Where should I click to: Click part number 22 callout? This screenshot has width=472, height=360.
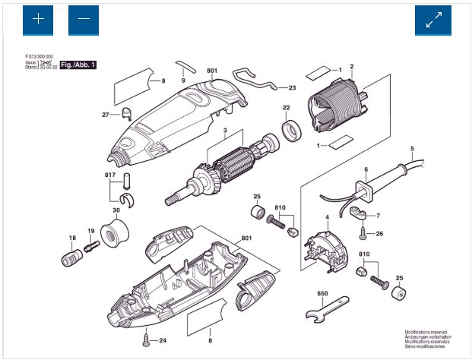287,107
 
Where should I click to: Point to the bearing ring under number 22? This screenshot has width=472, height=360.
290,130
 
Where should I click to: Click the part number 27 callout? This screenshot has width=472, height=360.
106,114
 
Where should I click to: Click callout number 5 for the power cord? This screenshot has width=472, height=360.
411,147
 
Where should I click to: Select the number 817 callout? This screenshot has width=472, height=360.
109,175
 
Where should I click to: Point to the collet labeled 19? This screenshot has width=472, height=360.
91,247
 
